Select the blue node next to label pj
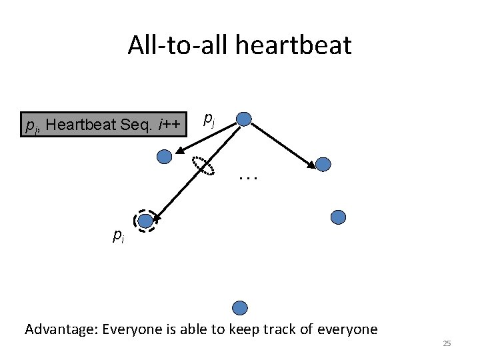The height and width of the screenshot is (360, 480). tap(244, 120)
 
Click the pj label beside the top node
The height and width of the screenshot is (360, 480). tap(209, 119)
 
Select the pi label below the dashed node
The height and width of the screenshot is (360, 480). tap(118, 235)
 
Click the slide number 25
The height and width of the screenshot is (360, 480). tap(447, 343)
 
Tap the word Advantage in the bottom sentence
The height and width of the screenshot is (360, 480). tap(59, 329)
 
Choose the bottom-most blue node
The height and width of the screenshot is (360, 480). tap(240, 307)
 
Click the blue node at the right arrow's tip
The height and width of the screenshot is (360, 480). tap(323, 164)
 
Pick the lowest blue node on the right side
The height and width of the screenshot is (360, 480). tap(339, 217)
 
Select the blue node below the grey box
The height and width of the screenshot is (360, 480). tap(164, 157)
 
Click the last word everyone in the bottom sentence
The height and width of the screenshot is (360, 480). tap(347, 329)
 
